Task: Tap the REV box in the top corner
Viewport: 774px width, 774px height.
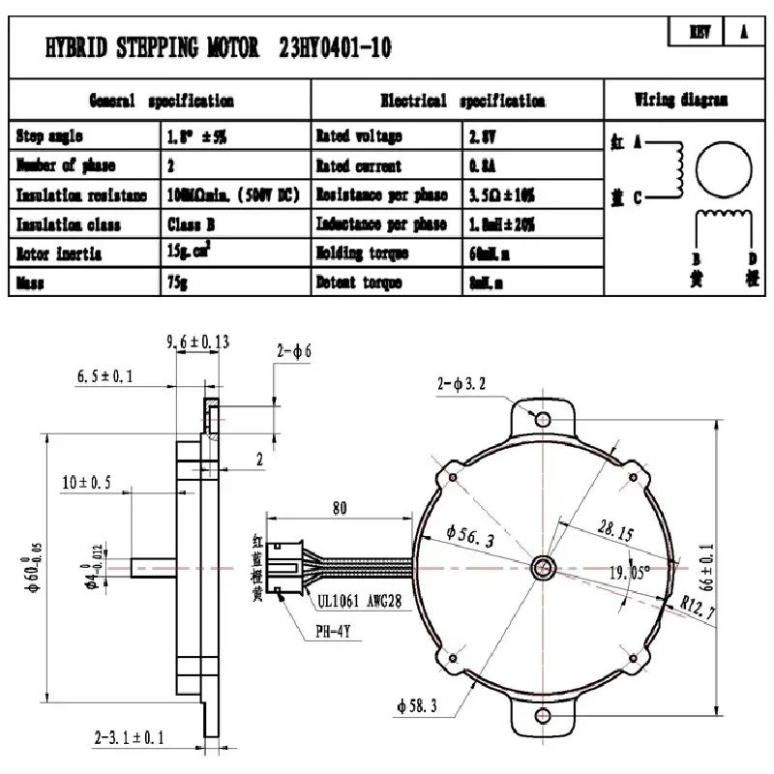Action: click(700, 32)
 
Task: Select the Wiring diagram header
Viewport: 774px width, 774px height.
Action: click(681, 100)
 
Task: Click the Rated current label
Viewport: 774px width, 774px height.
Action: click(359, 165)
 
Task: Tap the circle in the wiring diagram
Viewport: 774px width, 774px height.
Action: click(723, 167)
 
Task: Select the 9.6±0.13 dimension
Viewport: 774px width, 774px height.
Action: click(198, 341)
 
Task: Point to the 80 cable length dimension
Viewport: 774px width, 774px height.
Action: click(340, 507)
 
